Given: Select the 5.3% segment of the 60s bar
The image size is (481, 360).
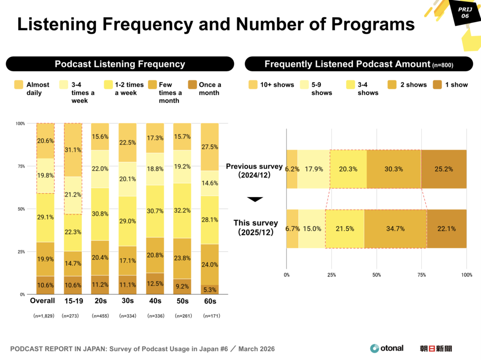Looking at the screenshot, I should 209,290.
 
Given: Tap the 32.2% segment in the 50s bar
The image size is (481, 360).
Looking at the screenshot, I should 182,211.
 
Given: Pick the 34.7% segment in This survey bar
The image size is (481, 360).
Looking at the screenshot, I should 395,229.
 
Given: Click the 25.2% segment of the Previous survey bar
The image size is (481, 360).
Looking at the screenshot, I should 443,169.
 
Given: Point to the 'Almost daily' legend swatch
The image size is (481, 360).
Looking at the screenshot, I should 19,85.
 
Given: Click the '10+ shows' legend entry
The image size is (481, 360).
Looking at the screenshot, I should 271,85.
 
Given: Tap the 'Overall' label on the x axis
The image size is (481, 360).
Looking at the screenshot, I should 42,301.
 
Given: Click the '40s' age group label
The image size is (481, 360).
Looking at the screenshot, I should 155,301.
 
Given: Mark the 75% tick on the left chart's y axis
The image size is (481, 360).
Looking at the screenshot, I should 20,166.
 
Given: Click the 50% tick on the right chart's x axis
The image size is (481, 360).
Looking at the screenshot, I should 376,275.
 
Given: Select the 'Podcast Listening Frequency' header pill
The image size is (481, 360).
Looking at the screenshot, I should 120,64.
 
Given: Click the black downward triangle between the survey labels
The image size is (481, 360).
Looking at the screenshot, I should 255,199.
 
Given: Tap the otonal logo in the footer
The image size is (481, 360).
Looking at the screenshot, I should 387,348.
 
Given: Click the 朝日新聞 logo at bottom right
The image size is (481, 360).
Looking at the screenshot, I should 436,349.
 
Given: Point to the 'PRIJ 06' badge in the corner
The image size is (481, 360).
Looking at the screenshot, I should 465,13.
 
